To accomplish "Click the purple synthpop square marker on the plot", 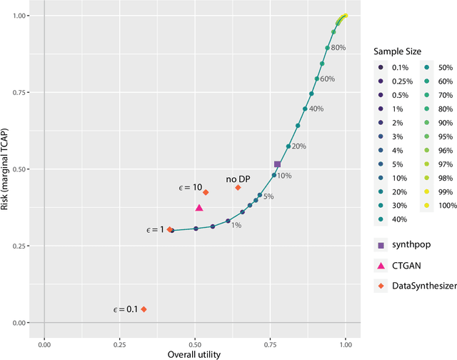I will point(277,164).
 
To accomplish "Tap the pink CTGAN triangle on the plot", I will point(199,208).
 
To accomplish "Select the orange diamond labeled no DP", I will point(238,188).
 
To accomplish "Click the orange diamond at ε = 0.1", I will point(144,309).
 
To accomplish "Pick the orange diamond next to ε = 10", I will point(206,192).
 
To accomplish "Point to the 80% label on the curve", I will point(338,48).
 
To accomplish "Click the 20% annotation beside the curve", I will point(298,146).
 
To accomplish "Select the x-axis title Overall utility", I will point(194,354).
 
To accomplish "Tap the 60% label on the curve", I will point(327,79).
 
